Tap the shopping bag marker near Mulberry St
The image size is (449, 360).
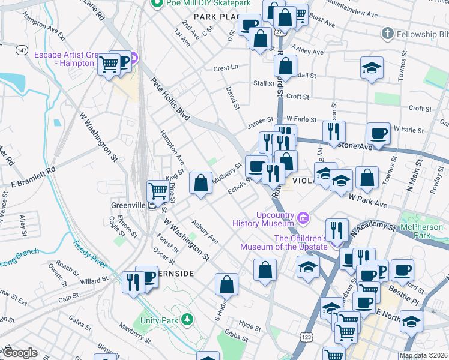point(200,183)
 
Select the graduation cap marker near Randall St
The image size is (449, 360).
point(372,68)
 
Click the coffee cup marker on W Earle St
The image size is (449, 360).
point(378,133)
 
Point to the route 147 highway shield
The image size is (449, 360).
point(22,49)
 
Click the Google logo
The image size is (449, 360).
point(19,353)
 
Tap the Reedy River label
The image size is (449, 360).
point(90,254)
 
